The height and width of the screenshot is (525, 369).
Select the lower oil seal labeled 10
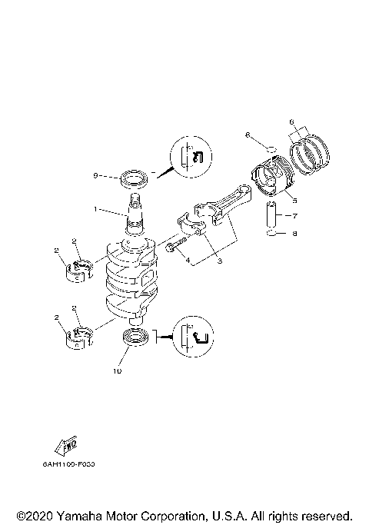(x=135, y=336)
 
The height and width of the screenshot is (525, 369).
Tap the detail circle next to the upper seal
(x=188, y=157)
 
